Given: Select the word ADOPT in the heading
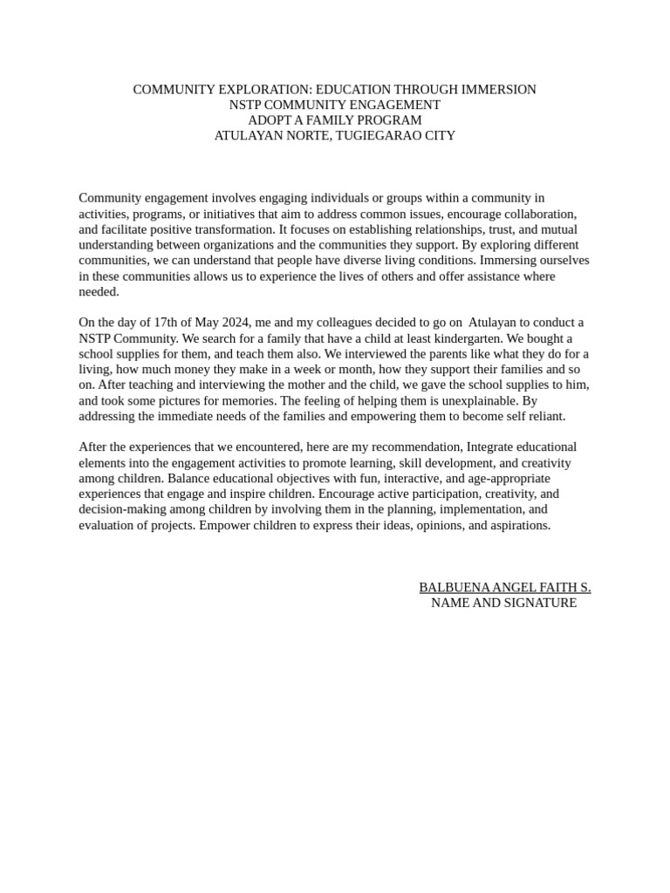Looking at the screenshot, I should point(267,120).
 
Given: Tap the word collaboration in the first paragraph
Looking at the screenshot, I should point(537,215).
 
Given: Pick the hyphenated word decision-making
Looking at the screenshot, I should point(121,510).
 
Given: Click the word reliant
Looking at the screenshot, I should point(545,417).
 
